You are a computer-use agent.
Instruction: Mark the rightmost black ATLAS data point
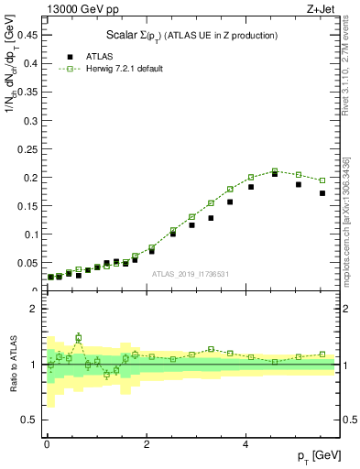coord(322,193)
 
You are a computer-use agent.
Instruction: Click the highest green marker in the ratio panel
coord(79,337)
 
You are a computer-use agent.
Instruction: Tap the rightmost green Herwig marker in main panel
coord(322,180)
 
